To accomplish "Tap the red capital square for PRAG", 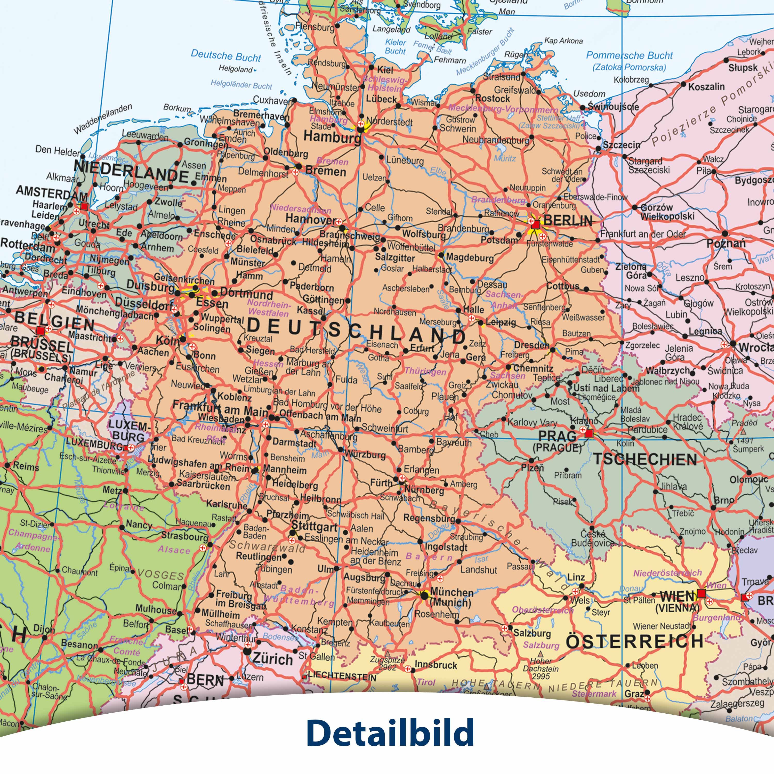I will [588, 433].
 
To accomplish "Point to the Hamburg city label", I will [332, 137].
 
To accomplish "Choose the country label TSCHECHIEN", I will [645, 459].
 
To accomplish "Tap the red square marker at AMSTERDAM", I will [84, 207].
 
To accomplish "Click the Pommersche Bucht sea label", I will [629, 56].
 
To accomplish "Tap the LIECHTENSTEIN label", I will [342, 677].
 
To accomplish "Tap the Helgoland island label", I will [236, 69].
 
